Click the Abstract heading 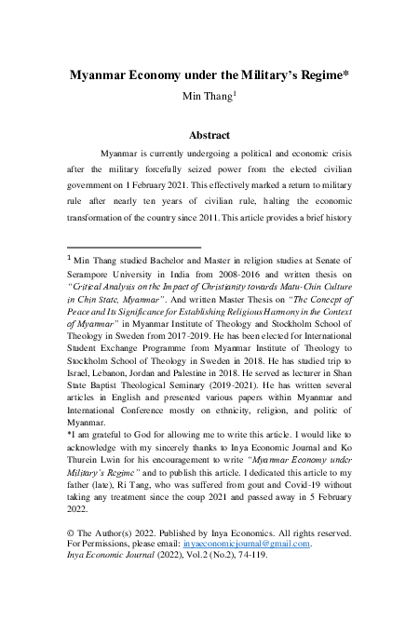point(209,135)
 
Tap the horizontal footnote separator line point(135,248)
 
